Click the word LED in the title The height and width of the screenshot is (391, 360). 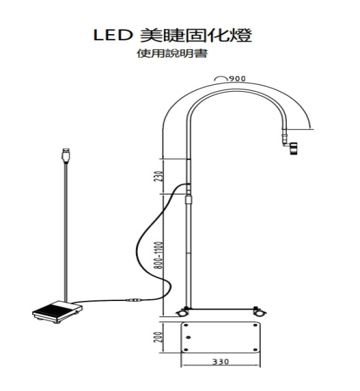(x=113, y=35)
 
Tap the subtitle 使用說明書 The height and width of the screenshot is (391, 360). (x=172, y=53)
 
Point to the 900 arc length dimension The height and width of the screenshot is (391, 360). (x=237, y=79)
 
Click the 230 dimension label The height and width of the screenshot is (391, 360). (x=158, y=176)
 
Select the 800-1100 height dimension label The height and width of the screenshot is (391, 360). (x=158, y=255)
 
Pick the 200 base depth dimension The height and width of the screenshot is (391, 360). (x=158, y=337)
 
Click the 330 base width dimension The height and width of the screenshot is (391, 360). (x=220, y=361)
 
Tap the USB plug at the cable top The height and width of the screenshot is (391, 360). (x=66, y=155)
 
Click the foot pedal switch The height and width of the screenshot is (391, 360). (x=58, y=312)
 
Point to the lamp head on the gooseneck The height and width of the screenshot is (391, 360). (x=294, y=148)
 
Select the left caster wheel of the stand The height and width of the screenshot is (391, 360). (x=182, y=312)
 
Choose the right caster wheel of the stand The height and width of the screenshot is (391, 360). (x=259, y=312)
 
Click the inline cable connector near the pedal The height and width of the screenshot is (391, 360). (x=133, y=300)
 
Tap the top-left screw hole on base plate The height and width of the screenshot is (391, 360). (x=186, y=325)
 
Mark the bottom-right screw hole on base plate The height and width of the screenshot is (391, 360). (x=255, y=349)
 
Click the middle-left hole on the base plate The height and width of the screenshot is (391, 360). (x=189, y=338)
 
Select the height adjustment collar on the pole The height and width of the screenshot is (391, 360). (x=189, y=200)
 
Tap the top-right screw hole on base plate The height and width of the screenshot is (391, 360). (x=255, y=325)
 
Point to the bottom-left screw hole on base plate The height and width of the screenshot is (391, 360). (x=186, y=349)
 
